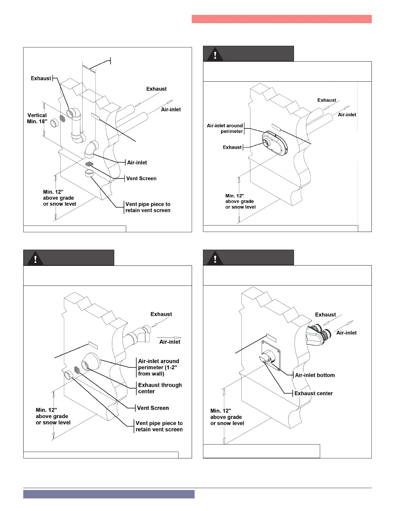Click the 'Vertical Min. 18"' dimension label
coord(37,118)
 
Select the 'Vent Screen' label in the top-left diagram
coord(141,178)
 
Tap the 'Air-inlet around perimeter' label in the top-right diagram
coord(225,128)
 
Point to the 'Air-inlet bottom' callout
coord(315,375)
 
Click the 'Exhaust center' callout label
coord(313,393)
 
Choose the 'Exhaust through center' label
coord(160,388)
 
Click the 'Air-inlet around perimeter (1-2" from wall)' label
coord(158,367)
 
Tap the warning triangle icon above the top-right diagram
coord(215,54)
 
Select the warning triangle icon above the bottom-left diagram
coord(35,258)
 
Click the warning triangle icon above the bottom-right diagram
coord(215,258)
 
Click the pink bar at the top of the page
coord(281,19)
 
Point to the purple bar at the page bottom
coord(109,494)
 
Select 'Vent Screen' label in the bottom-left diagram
coord(153,408)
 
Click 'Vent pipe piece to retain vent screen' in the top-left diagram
coord(148,207)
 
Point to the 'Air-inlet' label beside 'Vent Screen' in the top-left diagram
coord(137,163)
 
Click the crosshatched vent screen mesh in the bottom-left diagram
coord(77,370)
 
